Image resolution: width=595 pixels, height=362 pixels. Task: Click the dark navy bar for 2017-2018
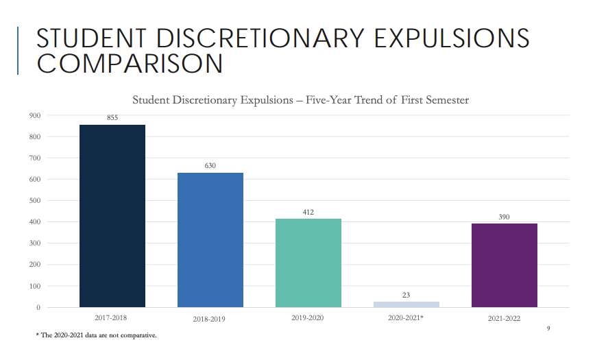click(112, 215)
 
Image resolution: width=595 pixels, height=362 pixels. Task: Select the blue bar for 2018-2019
click(210, 239)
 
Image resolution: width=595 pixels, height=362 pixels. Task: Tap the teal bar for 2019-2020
click(308, 263)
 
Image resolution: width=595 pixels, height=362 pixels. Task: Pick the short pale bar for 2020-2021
click(406, 304)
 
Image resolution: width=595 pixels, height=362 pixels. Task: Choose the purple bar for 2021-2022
click(505, 265)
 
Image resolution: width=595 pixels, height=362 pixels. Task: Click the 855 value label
click(112, 118)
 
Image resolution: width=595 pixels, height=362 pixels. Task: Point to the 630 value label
click(210, 165)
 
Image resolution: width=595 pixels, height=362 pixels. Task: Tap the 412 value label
click(308, 212)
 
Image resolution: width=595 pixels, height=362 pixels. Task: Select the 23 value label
click(406, 295)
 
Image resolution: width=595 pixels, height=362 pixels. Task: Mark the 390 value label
click(505, 217)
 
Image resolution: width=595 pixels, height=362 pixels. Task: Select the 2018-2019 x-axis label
click(210, 319)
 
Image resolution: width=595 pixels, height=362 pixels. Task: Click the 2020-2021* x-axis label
click(407, 318)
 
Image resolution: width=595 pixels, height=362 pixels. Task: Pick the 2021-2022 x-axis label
click(505, 319)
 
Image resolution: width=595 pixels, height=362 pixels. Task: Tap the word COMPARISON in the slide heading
click(130, 64)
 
